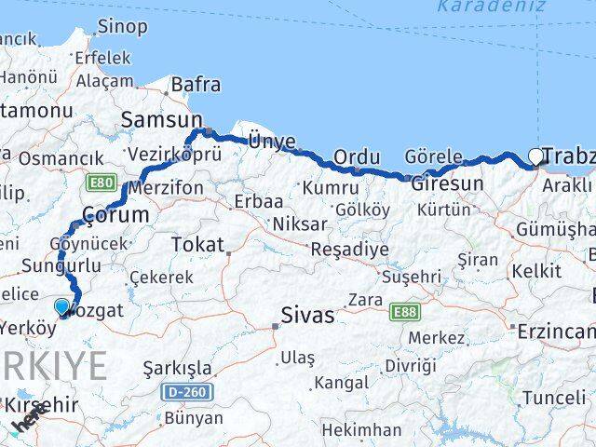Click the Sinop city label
pyautogui.click(x=122, y=26)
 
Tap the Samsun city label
pyautogui.click(x=161, y=119)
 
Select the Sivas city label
pyautogui.click(x=307, y=316)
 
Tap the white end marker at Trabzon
pyautogui.click(x=536, y=157)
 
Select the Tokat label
pyautogui.click(x=197, y=245)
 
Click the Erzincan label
pyautogui.click(x=555, y=332)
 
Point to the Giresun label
pyautogui.click(x=448, y=183)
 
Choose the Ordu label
pyautogui.click(x=357, y=157)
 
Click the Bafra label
pyautogui.click(x=196, y=85)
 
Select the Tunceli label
pyautogui.click(x=554, y=398)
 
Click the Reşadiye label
pyautogui.click(x=349, y=251)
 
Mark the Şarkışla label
pyautogui.click(x=177, y=368)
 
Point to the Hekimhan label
pyautogui.click(x=361, y=430)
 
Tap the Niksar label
pyautogui.click(x=299, y=223)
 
